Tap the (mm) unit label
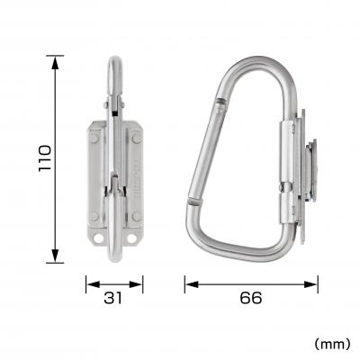[x=332, y=343]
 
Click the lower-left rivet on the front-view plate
[x=94, y=216]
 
